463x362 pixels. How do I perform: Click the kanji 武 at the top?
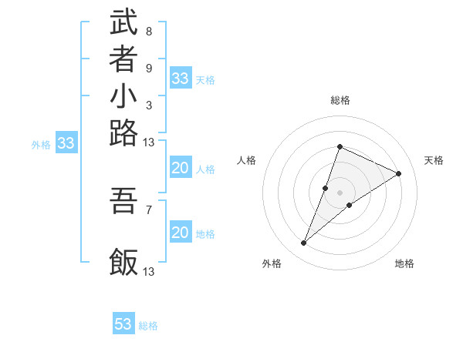coord(124,22)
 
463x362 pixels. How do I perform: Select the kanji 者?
coord(124,60)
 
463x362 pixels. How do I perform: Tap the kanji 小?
coord(124,98)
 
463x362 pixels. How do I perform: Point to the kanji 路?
coord(124,135)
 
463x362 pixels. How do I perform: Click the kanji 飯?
coord(124,262)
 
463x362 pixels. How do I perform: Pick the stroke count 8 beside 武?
coord(148,32)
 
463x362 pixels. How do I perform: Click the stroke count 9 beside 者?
coord(148,68)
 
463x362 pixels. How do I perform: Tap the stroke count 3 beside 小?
coord(148,106)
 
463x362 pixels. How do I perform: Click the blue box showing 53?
coord(123,324)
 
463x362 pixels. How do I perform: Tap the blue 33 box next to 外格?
coord(66,143)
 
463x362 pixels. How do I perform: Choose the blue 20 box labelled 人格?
coord(180,169)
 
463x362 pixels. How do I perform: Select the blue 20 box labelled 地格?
coord(180,233)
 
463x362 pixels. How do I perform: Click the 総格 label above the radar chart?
coord(340,100)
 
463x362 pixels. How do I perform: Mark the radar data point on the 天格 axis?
coord(399,174)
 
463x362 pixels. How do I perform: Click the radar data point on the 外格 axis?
coord(304,243)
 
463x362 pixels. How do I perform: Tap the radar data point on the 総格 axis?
coord(340,147)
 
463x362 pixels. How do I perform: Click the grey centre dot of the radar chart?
coord(340,192)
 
